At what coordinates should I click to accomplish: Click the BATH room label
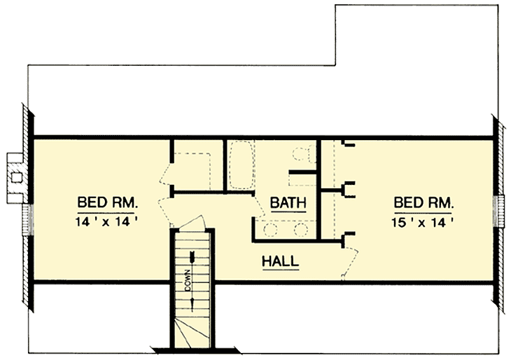[288, 203]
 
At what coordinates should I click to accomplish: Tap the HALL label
[280, 261]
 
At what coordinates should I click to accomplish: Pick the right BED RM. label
[424, 203]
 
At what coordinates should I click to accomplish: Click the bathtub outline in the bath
[241, 165]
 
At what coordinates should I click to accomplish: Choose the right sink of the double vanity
[301, 229]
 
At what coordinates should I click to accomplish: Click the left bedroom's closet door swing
[167, 174]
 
